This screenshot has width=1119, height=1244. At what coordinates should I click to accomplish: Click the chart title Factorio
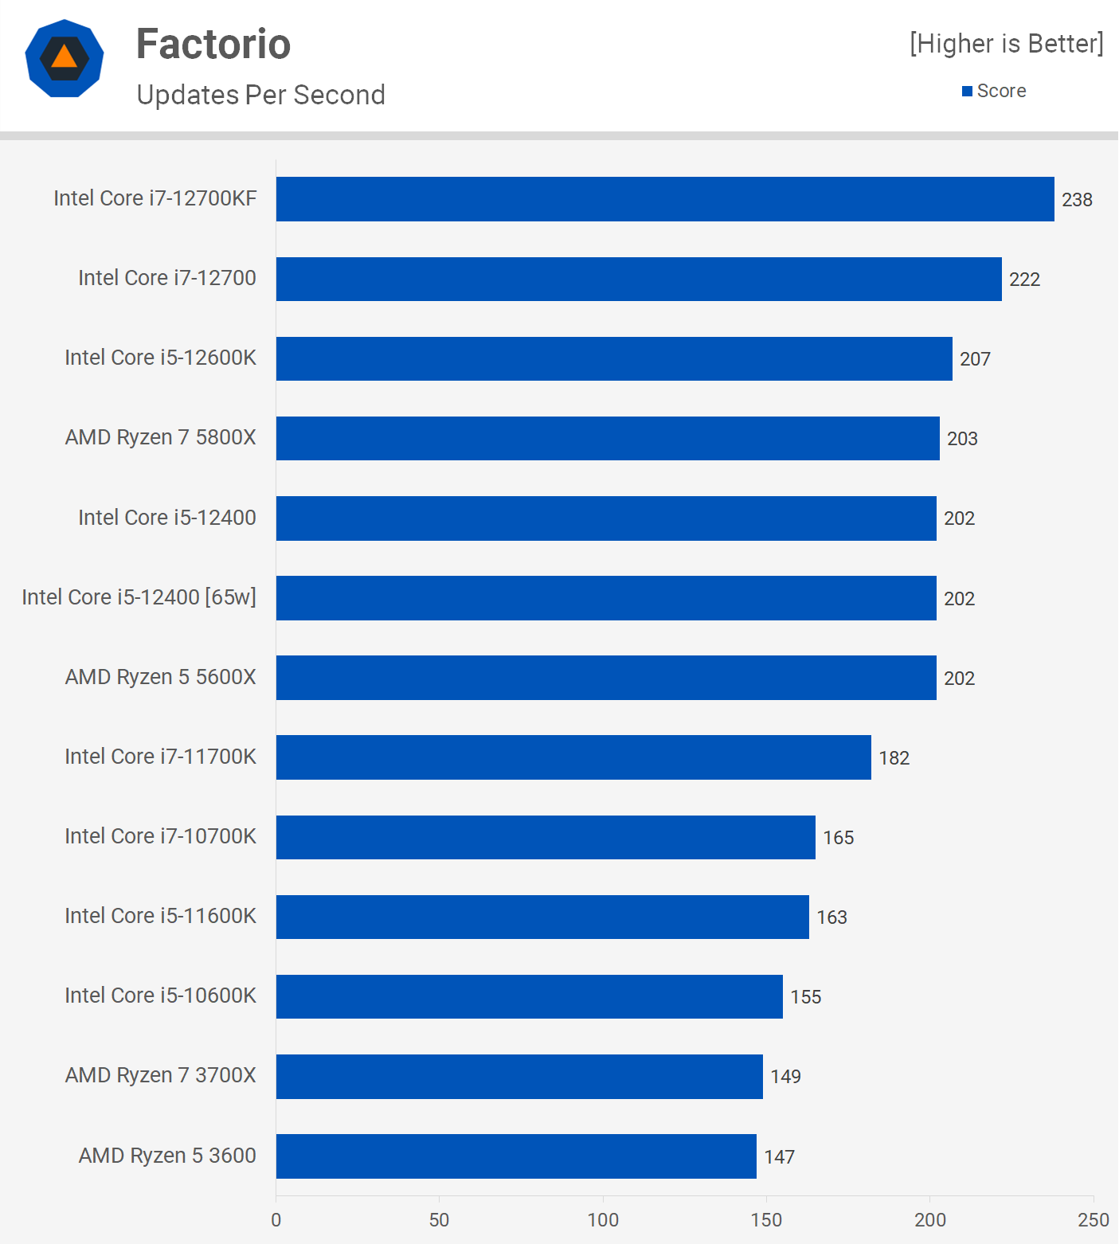(x=213, y=44)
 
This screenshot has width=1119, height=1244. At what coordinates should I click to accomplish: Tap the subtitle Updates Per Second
(x=260, y=95)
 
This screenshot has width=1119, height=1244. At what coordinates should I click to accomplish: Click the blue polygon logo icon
(x=65, y=58)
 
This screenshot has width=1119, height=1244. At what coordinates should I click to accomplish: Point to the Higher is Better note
(x=1007, y=44)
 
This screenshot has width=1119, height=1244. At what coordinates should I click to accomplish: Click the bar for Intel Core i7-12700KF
(x=665, y=199)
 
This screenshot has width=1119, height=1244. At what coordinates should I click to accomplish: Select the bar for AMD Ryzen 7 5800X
(x=608, y=438)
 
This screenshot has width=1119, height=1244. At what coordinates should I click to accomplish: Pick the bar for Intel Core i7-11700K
(x=573, y=757)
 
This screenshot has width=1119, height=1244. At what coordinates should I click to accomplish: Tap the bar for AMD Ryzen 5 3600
(x=516, y=1156)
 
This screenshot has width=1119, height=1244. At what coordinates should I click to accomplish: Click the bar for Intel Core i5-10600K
(x=529, y=996)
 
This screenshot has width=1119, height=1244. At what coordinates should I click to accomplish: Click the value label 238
(x=1077, y=200)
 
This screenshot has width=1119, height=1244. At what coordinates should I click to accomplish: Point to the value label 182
(x=894, y=758)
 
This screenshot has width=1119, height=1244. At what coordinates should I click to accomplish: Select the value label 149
(x=785, y=1077)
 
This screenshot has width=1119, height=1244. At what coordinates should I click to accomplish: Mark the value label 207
(x=975, y=359)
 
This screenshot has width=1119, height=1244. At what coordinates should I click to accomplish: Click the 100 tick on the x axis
(x=603, y=1220)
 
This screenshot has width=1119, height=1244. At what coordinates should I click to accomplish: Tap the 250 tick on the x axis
(x=1093, y=1220)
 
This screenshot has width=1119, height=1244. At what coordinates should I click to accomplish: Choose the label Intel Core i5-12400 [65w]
(x=139, y=597)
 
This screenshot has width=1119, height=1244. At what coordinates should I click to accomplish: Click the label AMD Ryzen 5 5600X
(x=161, y=677)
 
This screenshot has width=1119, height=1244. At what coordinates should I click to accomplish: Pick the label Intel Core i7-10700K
(x=161, y=836)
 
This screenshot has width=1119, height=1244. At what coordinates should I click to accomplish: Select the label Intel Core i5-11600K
(x=161, y=916)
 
